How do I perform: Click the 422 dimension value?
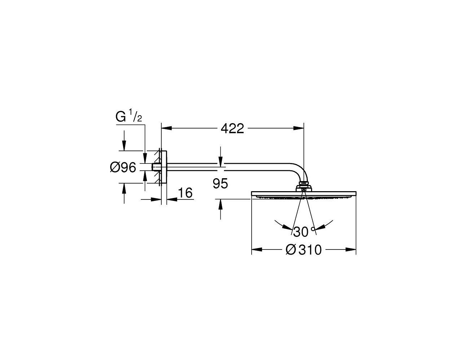point(232,129)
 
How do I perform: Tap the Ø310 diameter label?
point(304,249)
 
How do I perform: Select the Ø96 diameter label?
point(123,167)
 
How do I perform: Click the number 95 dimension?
point(220,183)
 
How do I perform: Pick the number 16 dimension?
point(185,193)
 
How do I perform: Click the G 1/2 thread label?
point(129,117)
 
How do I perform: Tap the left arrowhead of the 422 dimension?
point(167,128)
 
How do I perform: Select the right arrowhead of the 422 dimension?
point(298,128)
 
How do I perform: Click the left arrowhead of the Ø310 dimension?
point(257,249)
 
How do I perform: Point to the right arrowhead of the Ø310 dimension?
point(351,249)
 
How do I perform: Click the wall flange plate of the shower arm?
point(164,167)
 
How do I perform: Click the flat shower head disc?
point(304,195)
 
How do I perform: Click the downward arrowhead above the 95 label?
point(221,160)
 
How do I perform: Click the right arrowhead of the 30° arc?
point(320,227)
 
